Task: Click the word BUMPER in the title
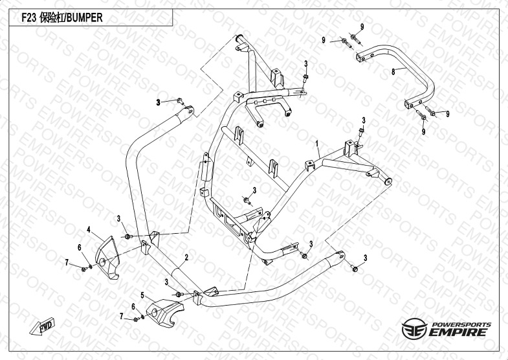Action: tap(85, 19)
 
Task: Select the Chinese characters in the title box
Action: tap(52, 19)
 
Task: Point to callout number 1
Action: tap(317, 142)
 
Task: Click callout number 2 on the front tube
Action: tap(186, 257)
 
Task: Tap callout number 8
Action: tap(393, 73)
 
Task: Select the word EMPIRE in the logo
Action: tap(463, 332)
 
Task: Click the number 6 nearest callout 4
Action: tap(80, 247)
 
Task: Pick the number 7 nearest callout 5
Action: tap(121, 315)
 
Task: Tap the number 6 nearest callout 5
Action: tap(133, 306)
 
